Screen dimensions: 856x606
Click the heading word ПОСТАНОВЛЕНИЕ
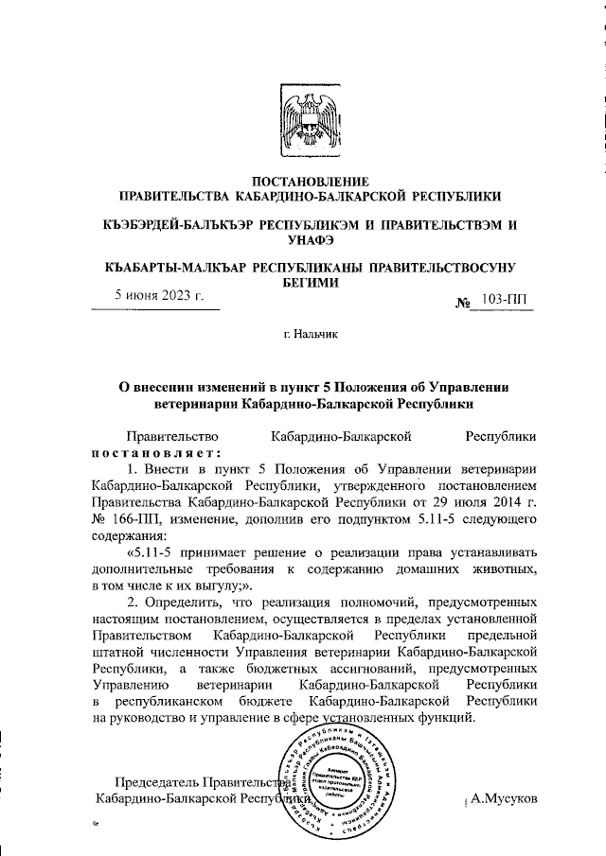pos(303,180)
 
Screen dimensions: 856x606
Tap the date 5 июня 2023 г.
pos(159,295)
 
